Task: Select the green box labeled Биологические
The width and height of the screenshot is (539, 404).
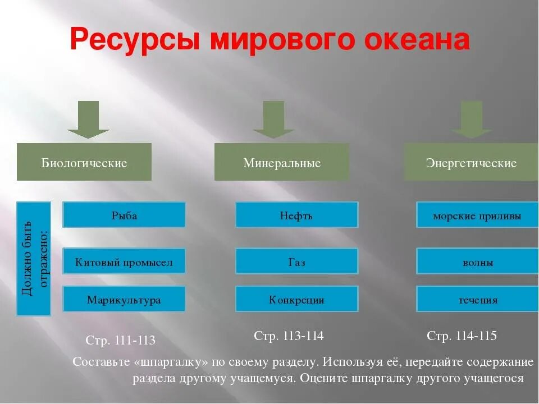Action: (x=84, y=162)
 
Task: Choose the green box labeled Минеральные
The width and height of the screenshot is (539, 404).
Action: (x=282, y=162)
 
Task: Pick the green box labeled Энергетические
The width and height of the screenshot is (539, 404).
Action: (x=471, y=162)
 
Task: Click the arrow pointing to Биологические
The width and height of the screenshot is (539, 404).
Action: (x=88, y=120)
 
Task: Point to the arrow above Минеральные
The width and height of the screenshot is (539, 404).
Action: (x=273, y=120)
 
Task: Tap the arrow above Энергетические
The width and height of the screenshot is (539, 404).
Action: (x=472, y=120)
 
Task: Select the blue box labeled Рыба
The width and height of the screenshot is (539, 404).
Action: (x=124, y=215)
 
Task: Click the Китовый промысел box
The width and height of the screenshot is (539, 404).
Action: (x=124, y=261)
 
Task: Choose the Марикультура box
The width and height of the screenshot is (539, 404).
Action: (x=124, y=299)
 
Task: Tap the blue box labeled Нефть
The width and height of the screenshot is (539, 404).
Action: (x=296, y=215)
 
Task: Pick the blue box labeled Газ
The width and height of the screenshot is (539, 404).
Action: (x=296, y=261)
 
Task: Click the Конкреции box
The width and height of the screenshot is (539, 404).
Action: (x=296, y=299)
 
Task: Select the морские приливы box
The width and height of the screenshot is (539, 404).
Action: (x=477, y=215)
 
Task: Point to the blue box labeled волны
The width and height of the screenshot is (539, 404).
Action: (x=477, y=261)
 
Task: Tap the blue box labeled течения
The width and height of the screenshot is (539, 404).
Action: (x=477, y=299)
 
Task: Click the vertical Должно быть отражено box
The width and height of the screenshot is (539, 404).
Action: (x=34, y=258)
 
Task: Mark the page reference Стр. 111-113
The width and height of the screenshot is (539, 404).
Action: (x=120, y=341)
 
